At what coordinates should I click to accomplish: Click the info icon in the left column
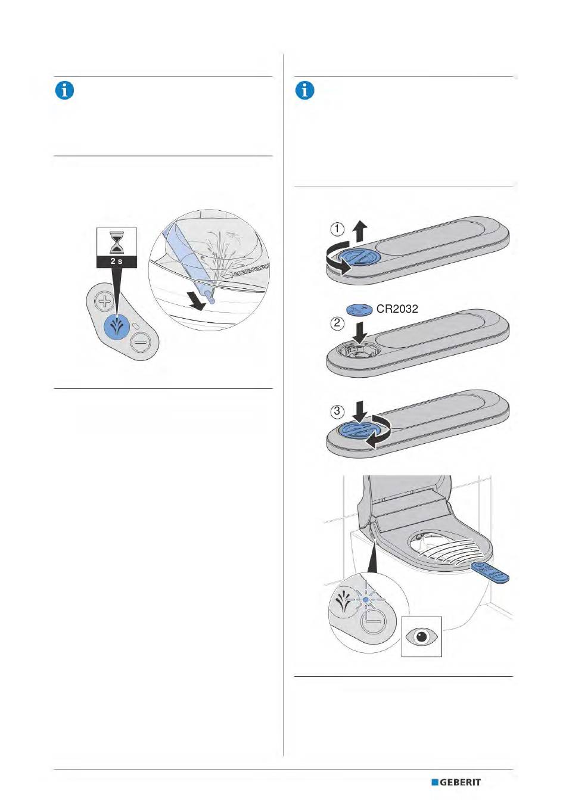[64, 91]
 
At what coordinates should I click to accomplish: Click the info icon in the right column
[304, 91]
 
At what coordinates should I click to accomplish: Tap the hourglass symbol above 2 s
[116, 242]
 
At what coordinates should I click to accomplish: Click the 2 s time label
[116, 261]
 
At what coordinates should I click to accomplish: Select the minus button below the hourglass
[141, 343]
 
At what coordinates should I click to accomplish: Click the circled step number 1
[337, 229]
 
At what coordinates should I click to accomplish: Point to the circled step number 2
[337, 324]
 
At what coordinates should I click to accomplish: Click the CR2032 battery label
[397, 309]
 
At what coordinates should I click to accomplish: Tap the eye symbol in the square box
[422, 636]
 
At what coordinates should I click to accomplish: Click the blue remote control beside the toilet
[490, 572]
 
